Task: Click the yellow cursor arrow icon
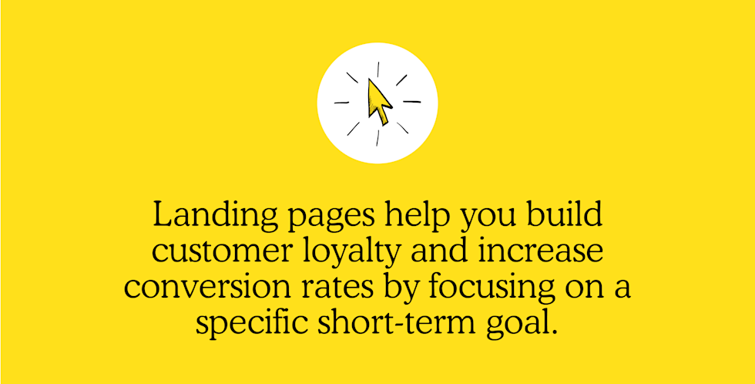(x=379, y=102)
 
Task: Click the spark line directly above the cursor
(x=378, y=69)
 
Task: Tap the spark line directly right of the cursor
(x=411, y=102)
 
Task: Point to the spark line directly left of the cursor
(x=342, y=102)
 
